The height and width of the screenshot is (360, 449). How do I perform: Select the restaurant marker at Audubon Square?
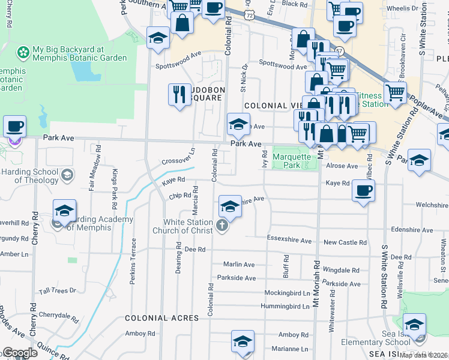(179, 94)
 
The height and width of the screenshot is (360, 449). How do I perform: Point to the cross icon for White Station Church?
(222, 226)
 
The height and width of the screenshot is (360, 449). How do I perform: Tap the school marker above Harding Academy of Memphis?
(64, 211)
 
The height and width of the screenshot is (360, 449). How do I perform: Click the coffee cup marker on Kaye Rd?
(363, 191)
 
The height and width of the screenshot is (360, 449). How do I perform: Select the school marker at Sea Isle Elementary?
(414, 325)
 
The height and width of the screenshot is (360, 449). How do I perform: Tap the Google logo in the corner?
(19, 353)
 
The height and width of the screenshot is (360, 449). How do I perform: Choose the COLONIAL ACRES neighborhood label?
(161, 317)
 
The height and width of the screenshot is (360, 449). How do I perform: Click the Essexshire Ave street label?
(289, 241)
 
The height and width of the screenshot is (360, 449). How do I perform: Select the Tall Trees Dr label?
(58, 290)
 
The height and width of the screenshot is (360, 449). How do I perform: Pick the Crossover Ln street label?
(178, 158)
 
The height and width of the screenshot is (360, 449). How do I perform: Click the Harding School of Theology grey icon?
(68, 175)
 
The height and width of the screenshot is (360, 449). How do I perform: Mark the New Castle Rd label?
(345, 242)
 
